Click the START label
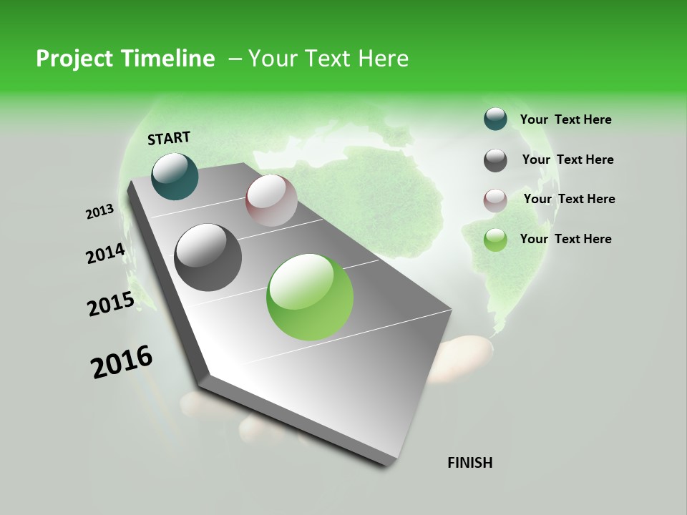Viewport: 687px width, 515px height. pos(169,138)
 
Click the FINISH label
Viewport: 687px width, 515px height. pos(469,463)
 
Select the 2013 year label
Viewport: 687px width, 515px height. pos(99,212)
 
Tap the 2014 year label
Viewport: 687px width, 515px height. pos(105,254)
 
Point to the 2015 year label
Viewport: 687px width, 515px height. pos(110,304)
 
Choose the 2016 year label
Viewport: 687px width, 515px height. pos(122,362)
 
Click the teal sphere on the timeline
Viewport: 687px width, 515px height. pos(175,176)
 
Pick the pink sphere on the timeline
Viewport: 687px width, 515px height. pos(271,200)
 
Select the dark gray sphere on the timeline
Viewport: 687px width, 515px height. pos(208,257)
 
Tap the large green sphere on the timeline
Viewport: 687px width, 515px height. pos(310,297)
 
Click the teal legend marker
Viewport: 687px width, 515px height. pos(495,119)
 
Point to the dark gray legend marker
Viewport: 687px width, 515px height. pos(495,160)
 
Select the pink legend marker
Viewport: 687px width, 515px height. pos(495,200)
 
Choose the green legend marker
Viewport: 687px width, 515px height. pos(495,240)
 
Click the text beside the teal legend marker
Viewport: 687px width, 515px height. pos(565,119)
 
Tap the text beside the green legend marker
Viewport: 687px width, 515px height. pos(565,239)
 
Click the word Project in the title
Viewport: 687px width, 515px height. pos(75,59)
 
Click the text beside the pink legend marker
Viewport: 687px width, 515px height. pos(569,199)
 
